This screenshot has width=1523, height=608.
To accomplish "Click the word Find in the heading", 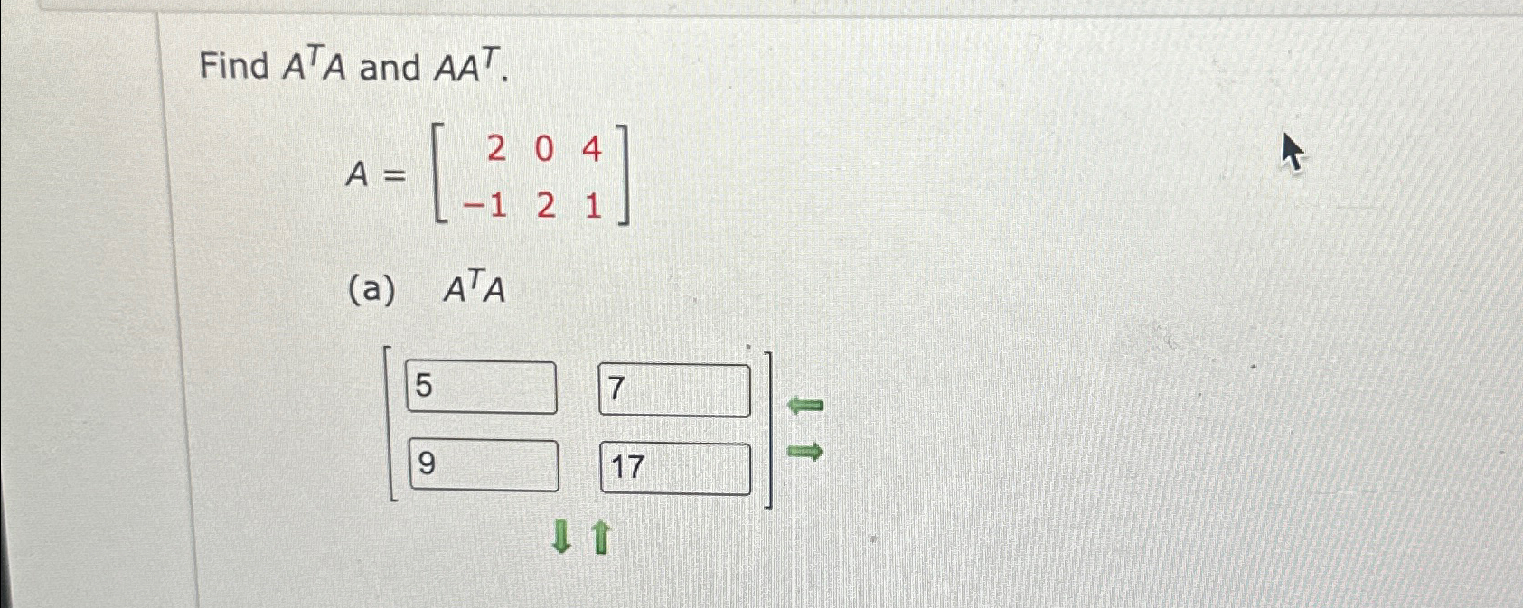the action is pyautogui.click(x=234, y=67).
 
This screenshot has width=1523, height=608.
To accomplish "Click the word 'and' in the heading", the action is pyautogui.click(x=390, y=68).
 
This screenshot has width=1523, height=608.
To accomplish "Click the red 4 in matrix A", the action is pyautogui.click(x=591, y=149).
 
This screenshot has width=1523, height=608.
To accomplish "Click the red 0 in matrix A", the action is pyautogui.click(x=543, y=149).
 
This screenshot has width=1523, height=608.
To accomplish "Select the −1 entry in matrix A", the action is pyautogui.click(x=485, y=207).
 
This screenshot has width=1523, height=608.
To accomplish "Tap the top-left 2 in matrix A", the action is pyautogui.click(x=496, y=149).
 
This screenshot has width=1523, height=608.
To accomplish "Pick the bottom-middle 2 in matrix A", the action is pyautogui.click(x=545, y=207).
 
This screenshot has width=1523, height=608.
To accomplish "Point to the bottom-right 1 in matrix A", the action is pyautogui.click(x=593, y=207).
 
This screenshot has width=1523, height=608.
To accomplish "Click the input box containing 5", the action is pyautogui.click(x=481, y=387).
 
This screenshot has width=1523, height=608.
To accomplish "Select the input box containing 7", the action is pyautogui.click(x=674, y=390).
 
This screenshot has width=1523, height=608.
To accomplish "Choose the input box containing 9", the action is pyautogui.click(x=484, y=465).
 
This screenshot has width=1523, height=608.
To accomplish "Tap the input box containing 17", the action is pyautogui.click(x=675, y=468).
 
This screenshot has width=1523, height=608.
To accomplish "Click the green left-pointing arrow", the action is pyautogui.click(x=804, y=406).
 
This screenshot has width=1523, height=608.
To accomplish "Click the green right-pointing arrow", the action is pyautogui.click(x=804, y=450).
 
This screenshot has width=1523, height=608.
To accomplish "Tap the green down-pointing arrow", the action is pyautogui.click(x=561, y=538).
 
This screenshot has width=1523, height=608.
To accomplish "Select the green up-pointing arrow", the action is pyautogui.click(x=601, y=538).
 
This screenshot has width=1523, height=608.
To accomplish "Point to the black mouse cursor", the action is pyautogui.click(x=1293, y=152).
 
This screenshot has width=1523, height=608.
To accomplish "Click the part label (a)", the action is pyautogui.click(x=371, y=291).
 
